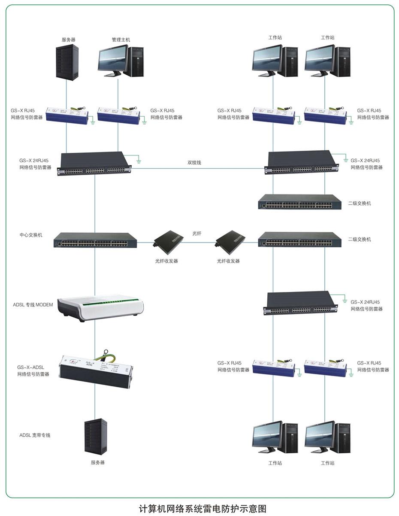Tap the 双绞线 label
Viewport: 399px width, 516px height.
point(194,163)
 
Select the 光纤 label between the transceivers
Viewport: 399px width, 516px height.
point(196,233)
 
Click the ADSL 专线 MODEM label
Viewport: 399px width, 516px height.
point(33,305)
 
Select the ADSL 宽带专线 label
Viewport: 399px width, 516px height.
point(35,435)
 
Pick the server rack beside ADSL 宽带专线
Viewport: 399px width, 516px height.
point(95,436)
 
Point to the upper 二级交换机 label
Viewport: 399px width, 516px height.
point(360,203)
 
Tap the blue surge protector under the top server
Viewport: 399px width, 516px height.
point(67,115)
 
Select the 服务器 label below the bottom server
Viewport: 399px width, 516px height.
point(97,462)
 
